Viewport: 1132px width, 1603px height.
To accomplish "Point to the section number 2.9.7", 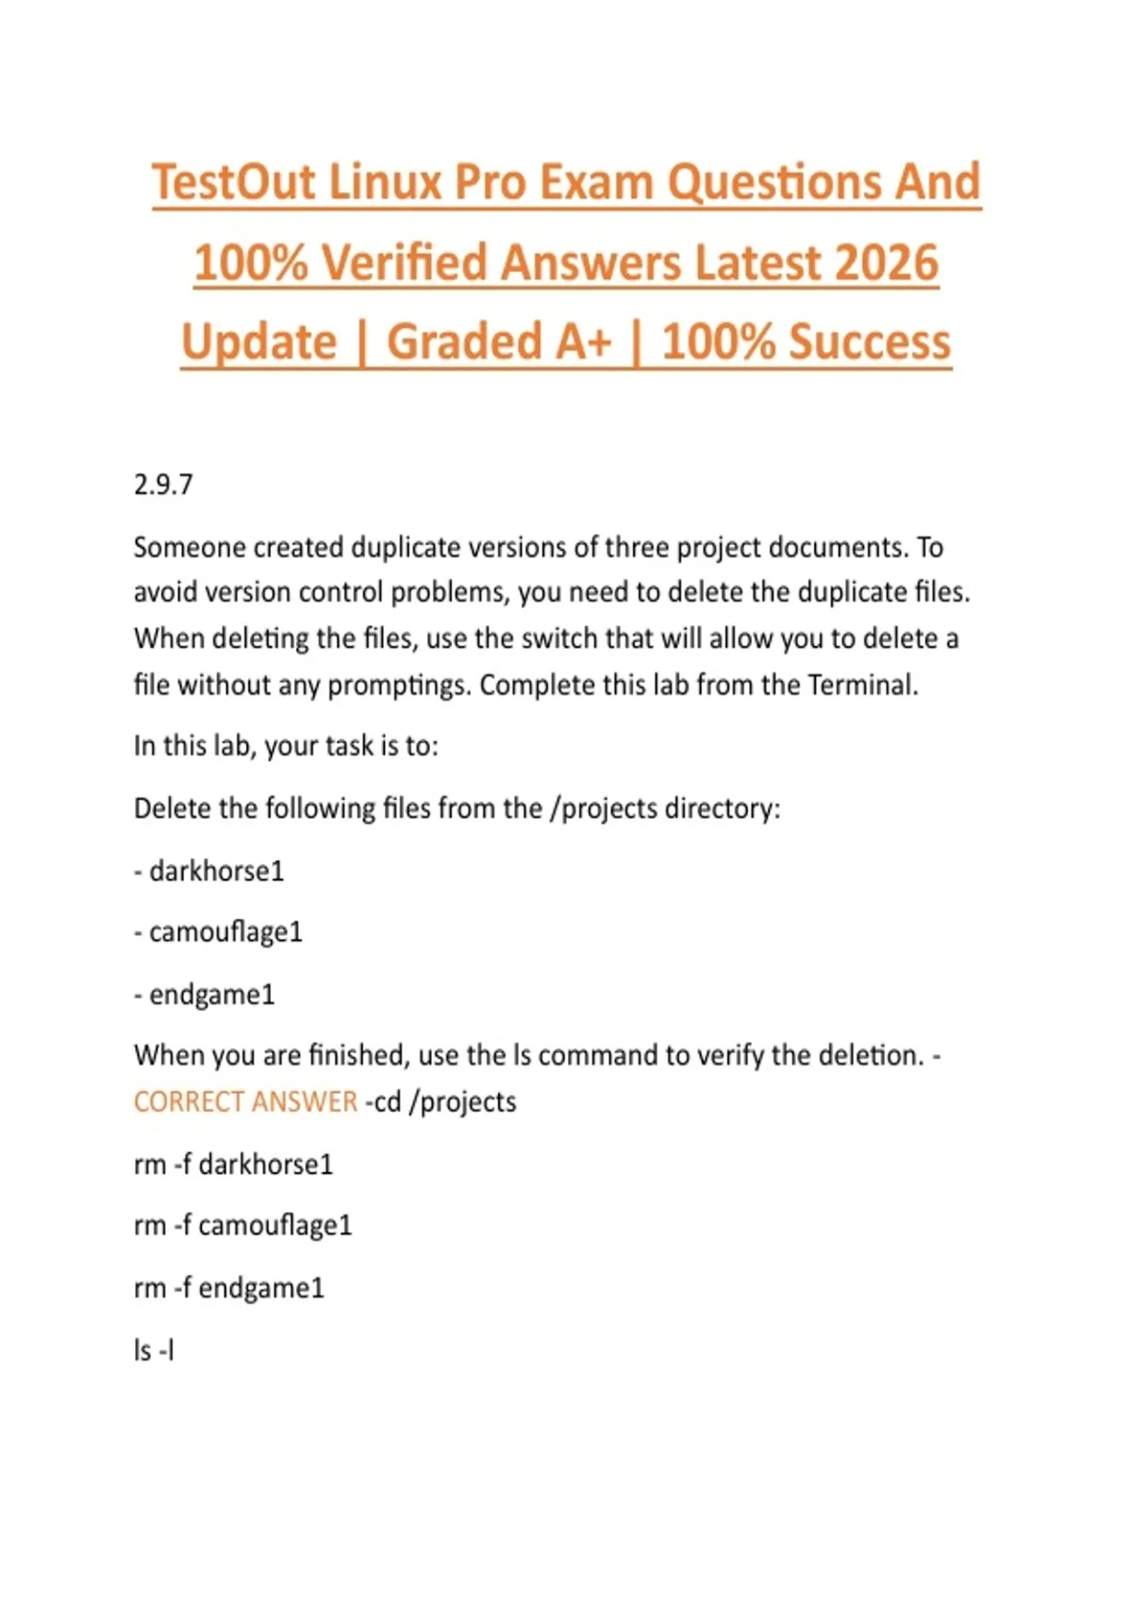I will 163,485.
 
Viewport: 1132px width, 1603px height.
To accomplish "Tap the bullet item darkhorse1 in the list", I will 216,870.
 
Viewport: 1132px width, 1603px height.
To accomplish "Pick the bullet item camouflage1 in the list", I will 225,933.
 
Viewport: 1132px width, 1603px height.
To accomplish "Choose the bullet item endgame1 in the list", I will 211,995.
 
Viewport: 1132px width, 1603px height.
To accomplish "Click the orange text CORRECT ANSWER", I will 245,1101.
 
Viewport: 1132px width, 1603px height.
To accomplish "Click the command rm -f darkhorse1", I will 233,1165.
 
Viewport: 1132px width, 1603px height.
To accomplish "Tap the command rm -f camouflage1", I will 242,1226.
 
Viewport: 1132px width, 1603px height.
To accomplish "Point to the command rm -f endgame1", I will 228,1288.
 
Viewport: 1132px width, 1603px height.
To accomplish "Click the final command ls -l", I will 154,1350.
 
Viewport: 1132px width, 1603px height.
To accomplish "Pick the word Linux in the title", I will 385,182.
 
